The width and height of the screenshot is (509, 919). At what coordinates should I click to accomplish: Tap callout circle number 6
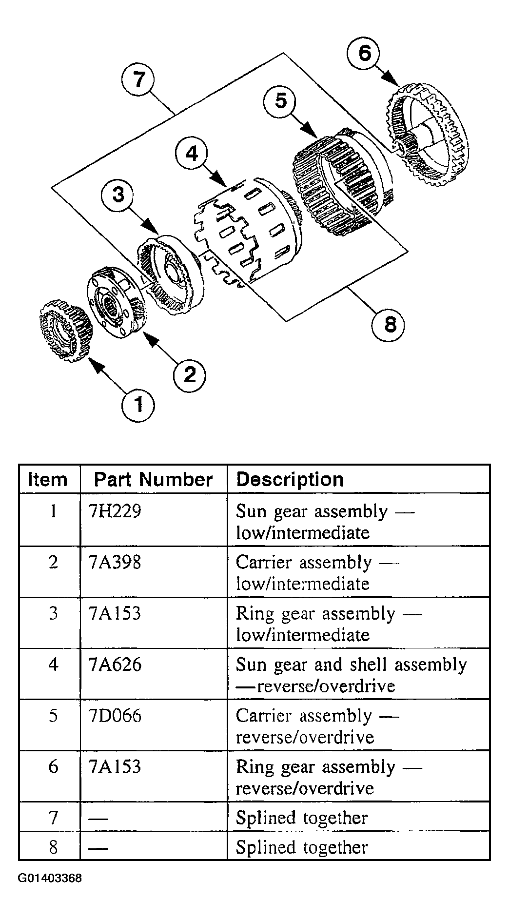coord(365,53)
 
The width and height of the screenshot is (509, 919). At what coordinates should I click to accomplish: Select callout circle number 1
coord(138,404)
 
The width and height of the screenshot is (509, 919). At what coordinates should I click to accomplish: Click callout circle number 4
coord(192,154)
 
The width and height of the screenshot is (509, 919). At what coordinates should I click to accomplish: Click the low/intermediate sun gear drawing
coord(65,330)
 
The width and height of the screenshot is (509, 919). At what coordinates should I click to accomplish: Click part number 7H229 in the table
coord(116,511)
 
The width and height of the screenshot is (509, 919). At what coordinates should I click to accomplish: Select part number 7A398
coord(115,562)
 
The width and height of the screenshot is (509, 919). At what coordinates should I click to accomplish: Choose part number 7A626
coord(116,665)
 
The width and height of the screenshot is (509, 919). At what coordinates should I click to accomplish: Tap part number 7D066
coord(116,716)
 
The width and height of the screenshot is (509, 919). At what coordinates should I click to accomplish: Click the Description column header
coord(290,480)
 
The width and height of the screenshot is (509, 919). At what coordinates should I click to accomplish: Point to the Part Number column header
coord(153,480)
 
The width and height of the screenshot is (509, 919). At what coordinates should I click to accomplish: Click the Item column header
coord(47,480)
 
